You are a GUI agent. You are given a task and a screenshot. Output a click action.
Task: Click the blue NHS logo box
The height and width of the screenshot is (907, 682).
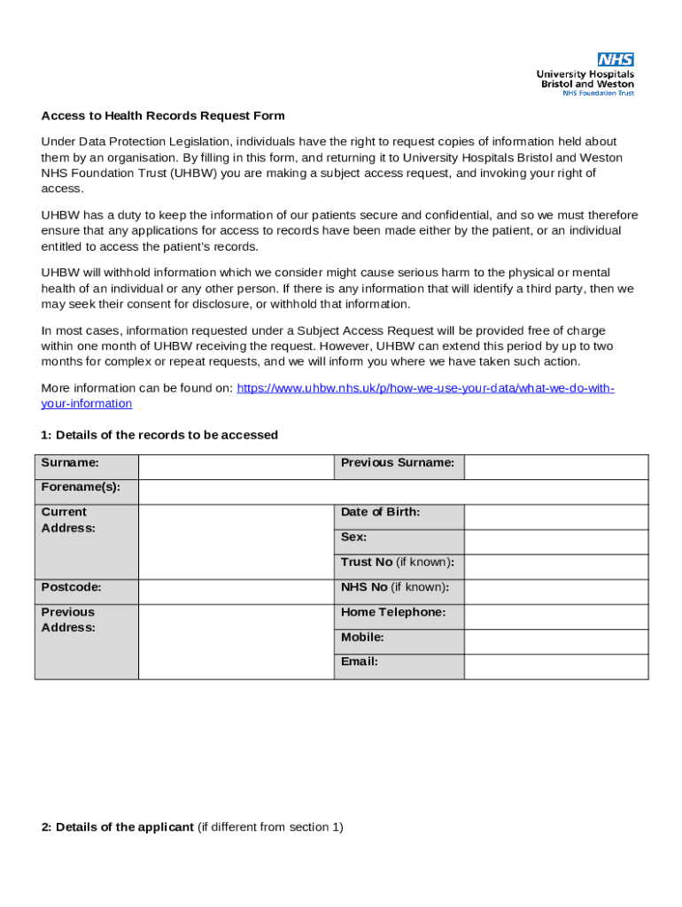click(616, 59)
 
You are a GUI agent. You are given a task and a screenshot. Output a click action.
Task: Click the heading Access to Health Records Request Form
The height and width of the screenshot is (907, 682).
click(163, 116)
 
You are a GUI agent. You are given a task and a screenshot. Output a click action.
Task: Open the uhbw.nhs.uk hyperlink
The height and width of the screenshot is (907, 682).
click(425, 389)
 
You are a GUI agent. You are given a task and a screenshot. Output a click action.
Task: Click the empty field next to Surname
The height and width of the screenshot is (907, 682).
click(236, 467)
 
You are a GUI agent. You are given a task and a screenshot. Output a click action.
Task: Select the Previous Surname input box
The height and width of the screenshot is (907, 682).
click(556, 467)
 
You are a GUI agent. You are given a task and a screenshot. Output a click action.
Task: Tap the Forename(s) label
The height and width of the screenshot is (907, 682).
click(81, 487)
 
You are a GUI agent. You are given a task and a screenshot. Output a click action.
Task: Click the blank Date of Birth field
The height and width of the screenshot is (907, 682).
click(556, 517)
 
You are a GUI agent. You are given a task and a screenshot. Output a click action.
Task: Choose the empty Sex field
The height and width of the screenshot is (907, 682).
click(556, 542)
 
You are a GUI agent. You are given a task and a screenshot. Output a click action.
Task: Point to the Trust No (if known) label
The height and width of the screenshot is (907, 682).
click(398, 562)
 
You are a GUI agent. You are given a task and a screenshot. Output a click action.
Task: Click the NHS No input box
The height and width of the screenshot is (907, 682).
click(556, 592)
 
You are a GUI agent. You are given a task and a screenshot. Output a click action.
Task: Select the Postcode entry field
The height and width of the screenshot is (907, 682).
click(236, 592)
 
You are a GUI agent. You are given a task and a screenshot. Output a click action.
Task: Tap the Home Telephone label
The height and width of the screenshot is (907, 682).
click(393, 613)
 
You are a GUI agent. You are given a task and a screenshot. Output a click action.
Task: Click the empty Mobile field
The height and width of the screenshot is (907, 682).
click(556, 641)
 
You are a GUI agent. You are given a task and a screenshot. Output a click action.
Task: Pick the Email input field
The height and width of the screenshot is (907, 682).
click(556, 666)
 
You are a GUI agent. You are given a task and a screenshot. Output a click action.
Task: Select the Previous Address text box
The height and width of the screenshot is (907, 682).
click(236, 641)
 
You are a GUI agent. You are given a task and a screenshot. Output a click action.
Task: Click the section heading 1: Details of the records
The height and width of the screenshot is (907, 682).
click(159, 435)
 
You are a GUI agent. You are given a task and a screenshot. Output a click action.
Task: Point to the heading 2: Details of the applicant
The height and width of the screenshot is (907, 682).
click(118, 827)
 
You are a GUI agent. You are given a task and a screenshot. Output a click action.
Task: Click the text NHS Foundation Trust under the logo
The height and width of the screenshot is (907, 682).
click(599, 93)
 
